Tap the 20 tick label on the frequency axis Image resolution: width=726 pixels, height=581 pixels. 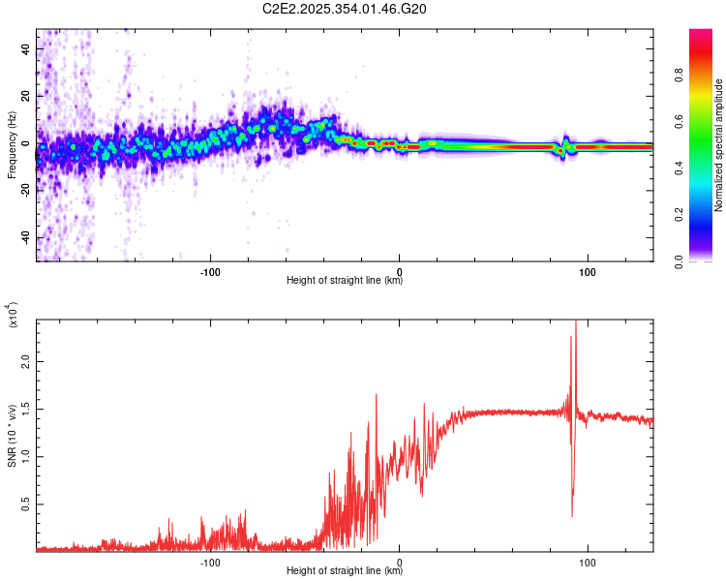pos(28,95)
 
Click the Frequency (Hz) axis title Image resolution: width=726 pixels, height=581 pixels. pos(12,145)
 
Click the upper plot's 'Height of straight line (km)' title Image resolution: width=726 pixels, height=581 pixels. pos(345,281)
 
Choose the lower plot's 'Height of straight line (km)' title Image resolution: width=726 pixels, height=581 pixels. pos(345,571)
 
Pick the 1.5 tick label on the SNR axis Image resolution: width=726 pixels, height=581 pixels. pos(25,409)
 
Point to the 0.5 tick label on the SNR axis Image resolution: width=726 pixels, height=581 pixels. pos(25,505)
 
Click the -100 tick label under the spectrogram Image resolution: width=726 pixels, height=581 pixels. pos(210,271)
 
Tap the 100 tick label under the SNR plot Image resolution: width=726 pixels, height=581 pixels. pos(587,562)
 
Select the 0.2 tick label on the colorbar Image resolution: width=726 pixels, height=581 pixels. pos(707,215)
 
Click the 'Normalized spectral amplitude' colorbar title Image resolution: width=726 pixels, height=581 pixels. pos(719,145)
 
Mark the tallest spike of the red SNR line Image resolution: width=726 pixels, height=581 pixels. pos(576,322)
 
